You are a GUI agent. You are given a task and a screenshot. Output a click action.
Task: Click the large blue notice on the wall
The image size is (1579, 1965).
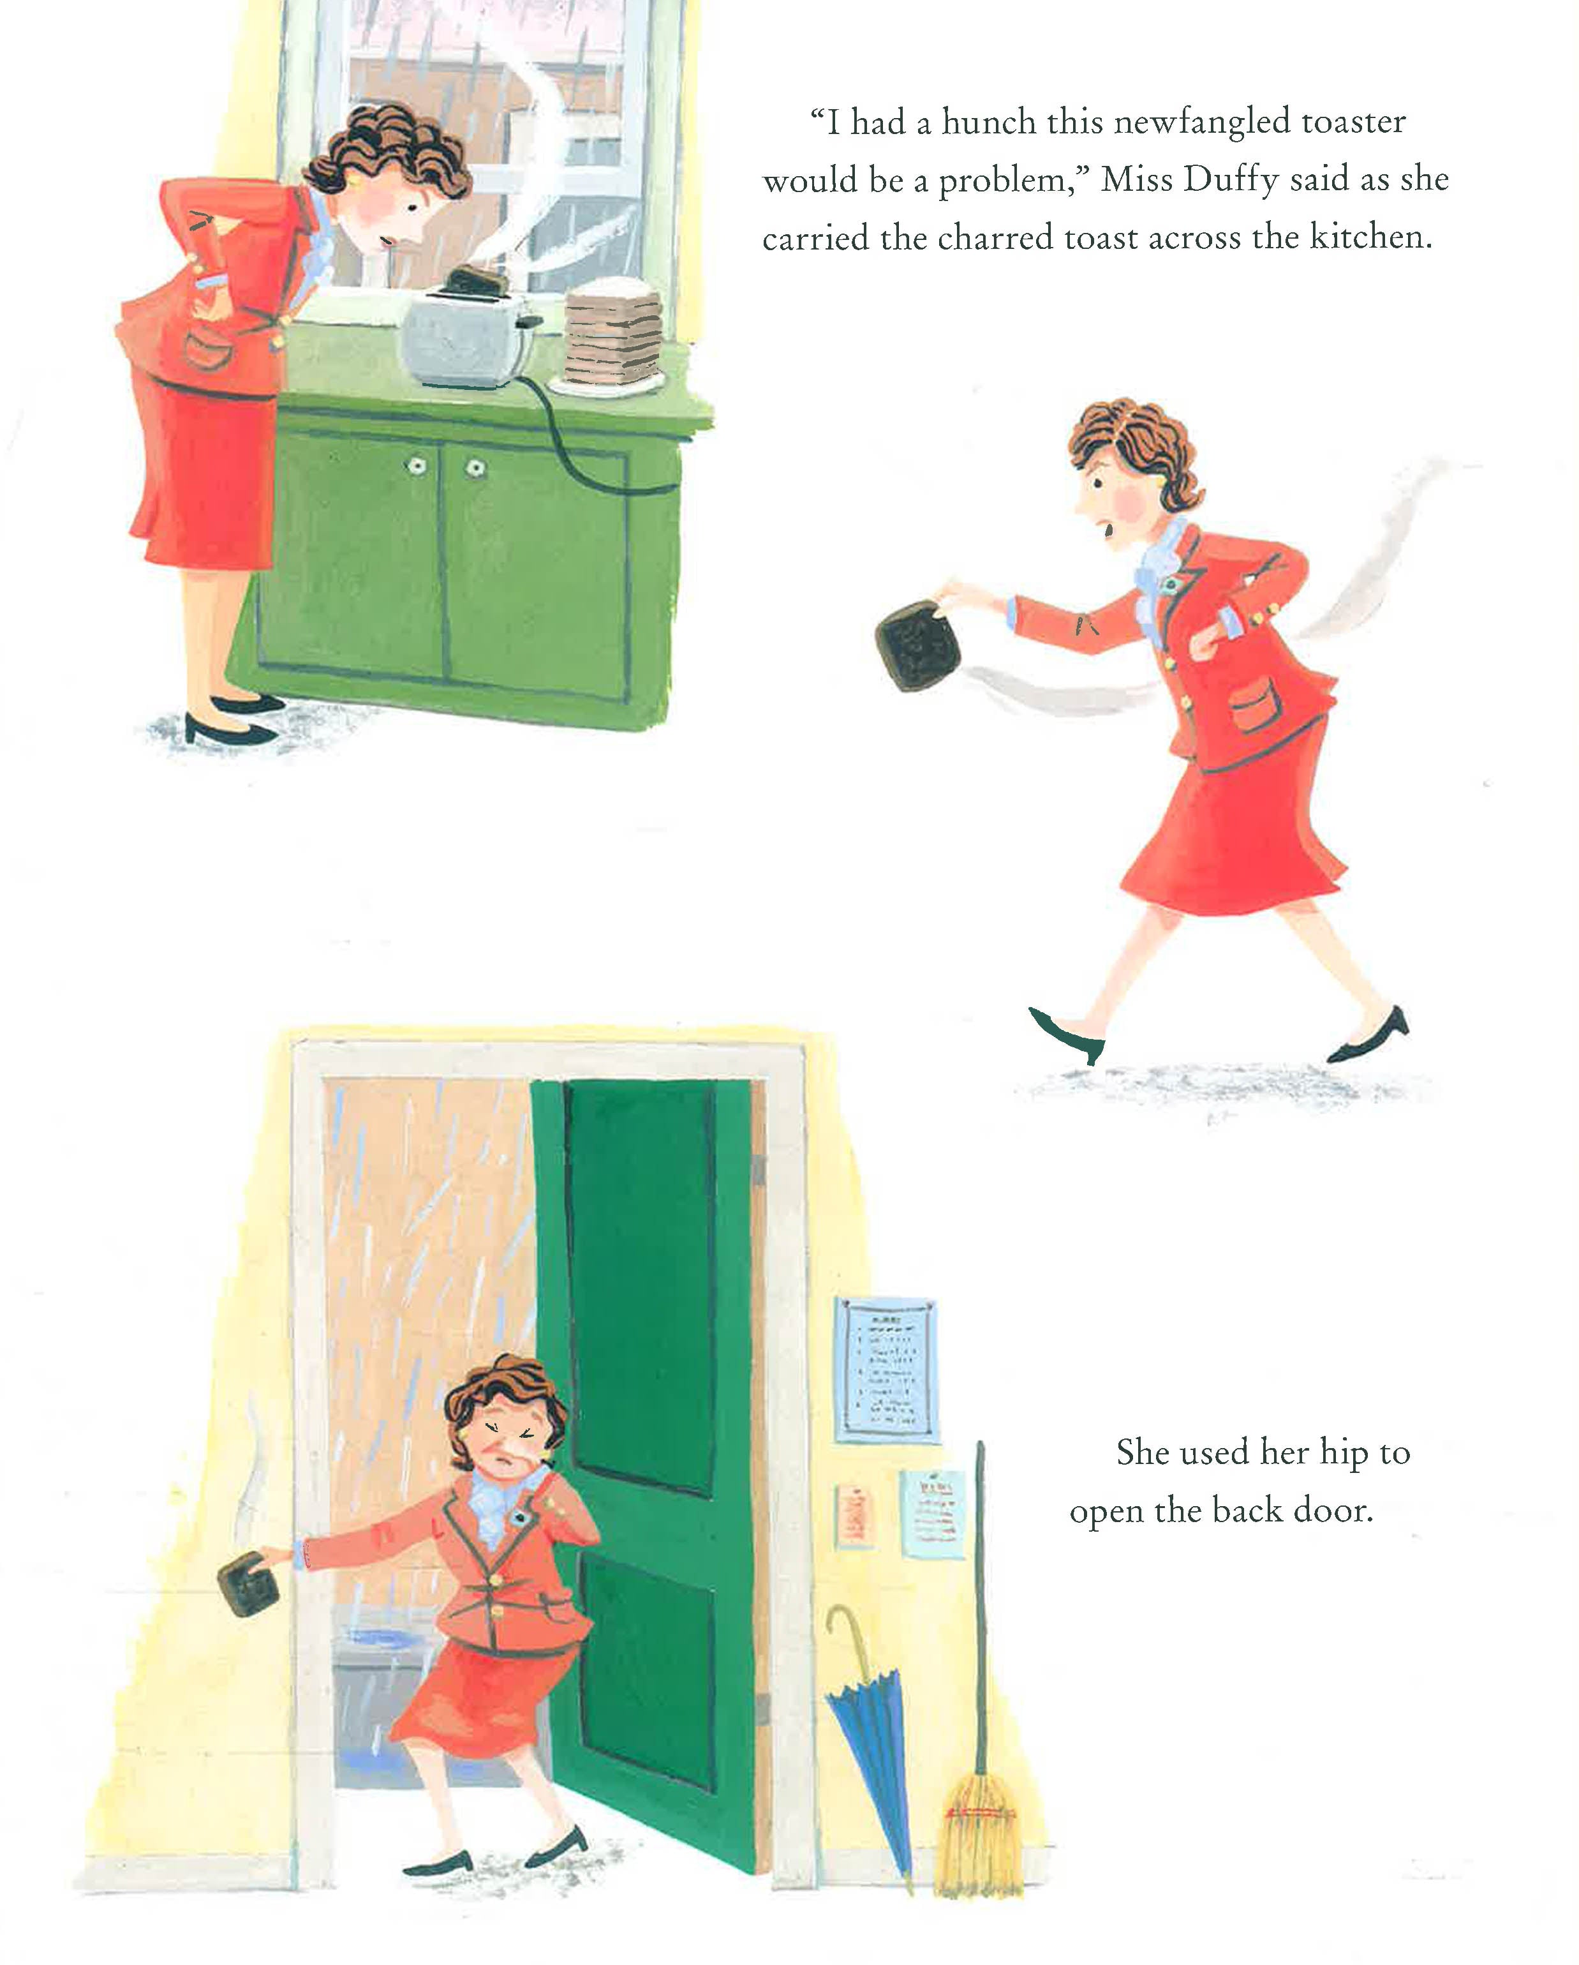tap(887, 1370)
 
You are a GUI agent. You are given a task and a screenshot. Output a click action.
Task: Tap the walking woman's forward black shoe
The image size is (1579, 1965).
tap(1067, 1035)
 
